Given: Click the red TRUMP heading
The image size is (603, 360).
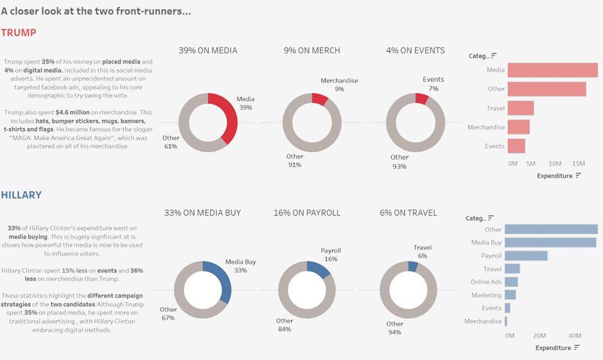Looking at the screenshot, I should tap(18, 33).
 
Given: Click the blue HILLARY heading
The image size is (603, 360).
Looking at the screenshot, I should tap(21, 194).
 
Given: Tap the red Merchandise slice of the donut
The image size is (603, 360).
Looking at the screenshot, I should tap(319, 98).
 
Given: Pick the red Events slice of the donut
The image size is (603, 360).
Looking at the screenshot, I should tap(421, 98).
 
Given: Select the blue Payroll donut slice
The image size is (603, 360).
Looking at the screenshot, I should tap(319, 268).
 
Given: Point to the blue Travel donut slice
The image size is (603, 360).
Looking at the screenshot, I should tap(413, 266).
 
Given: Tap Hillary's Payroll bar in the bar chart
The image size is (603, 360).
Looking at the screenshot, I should tap(526, 255).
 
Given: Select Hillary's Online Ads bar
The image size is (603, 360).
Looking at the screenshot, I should tap(511, 282).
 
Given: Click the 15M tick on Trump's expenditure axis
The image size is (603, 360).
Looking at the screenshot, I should tap(578, 164).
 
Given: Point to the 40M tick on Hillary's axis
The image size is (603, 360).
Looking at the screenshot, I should tap(575, 336).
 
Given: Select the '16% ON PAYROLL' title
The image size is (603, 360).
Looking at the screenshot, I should tap(307, 212).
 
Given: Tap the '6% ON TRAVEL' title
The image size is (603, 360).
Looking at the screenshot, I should tap(408, 212).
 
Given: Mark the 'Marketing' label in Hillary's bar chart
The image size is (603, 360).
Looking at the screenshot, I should tap(486, 295).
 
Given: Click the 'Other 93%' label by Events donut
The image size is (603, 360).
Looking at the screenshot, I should tap(399, 162).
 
